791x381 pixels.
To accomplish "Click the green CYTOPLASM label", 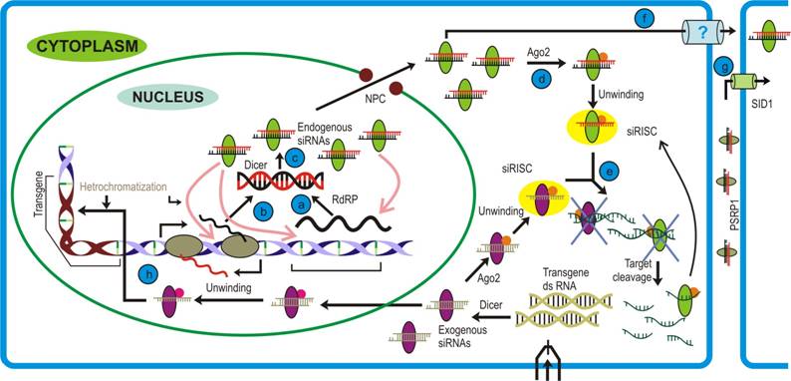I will [x=89, y=45].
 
